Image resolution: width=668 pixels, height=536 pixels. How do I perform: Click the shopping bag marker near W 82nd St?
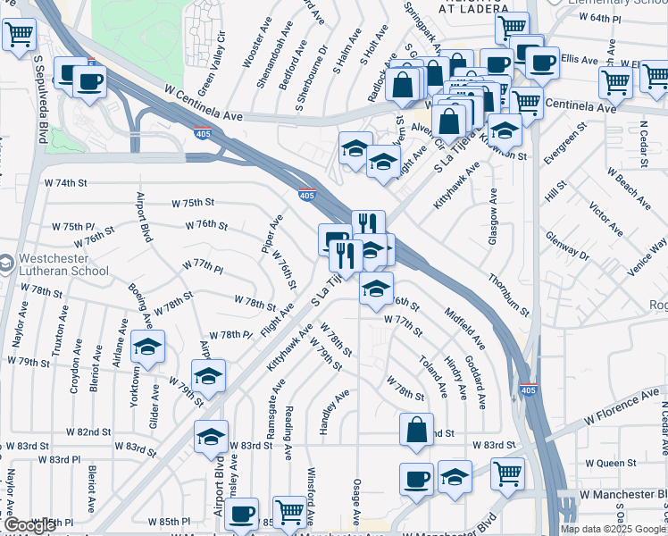[x=416, y=430]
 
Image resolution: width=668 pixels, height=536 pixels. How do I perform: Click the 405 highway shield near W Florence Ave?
[x=529, y=390]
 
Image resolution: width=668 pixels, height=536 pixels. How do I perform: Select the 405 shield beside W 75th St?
[x=306, y=195]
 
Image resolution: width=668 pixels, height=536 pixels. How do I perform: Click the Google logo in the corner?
[x=29, y=525]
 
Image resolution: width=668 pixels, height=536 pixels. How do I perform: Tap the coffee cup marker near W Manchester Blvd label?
[x=416, y=479]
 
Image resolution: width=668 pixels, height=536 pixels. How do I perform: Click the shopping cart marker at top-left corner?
[x=19, y=37]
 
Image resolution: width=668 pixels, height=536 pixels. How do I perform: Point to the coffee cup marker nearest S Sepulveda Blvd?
[x=88, y=82]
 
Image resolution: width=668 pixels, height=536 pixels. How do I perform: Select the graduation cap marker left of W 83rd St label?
[x=211, y=437]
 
